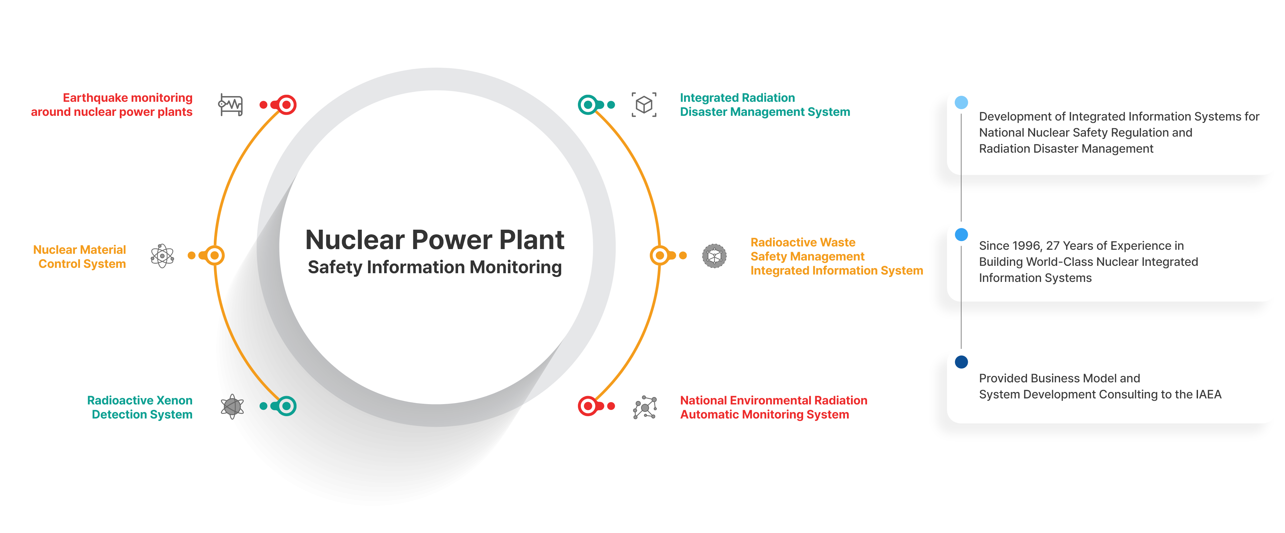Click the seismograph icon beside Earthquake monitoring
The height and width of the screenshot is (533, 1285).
pyautogui.click(x=231, y=105)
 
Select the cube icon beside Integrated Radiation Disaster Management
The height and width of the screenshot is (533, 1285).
pyautogui.click(x=644, y=105)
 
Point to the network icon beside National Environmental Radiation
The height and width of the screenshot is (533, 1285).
pyautogui.click(x=645, y=407)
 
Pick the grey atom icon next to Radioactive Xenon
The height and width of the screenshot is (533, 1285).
pyautogui.click(x=233, y=406)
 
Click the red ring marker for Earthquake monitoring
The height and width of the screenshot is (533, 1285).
pyautogui.click(x=286, y=105)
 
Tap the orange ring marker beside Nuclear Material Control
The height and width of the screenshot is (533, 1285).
pyautogui.click(x=215, y=255)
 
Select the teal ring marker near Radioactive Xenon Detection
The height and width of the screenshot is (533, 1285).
pyautogui.click(x=286, y=406)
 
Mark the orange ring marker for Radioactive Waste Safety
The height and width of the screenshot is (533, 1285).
pyautogui.click(x=660, y=255)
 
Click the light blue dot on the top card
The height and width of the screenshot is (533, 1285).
pyautogui.click(x=961, y=102)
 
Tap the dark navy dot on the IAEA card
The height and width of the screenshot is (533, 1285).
pyautogui.click(x=961, y=362)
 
